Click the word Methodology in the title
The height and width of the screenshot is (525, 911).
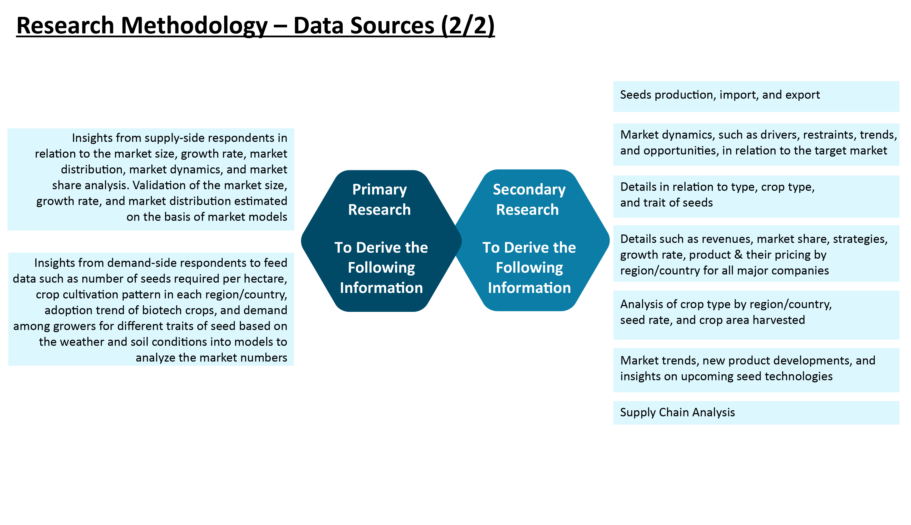(194, 26)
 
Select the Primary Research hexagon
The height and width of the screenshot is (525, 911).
(381, 241)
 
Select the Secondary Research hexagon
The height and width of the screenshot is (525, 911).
(529, 240)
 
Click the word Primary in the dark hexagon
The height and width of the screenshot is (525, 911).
(379, 190)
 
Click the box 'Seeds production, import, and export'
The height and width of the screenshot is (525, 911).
(756, 96)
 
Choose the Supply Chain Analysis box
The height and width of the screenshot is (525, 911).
(756, 413)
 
